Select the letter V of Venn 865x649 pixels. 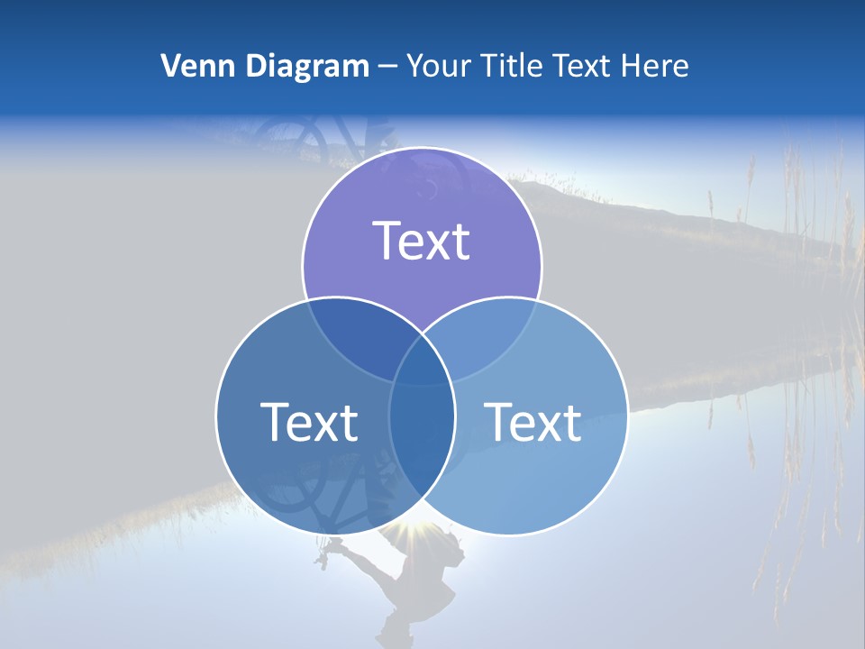170,66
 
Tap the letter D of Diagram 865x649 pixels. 255,66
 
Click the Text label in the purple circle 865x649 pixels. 422,241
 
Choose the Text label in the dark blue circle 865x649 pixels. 309,421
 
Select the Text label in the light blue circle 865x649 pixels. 533,421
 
